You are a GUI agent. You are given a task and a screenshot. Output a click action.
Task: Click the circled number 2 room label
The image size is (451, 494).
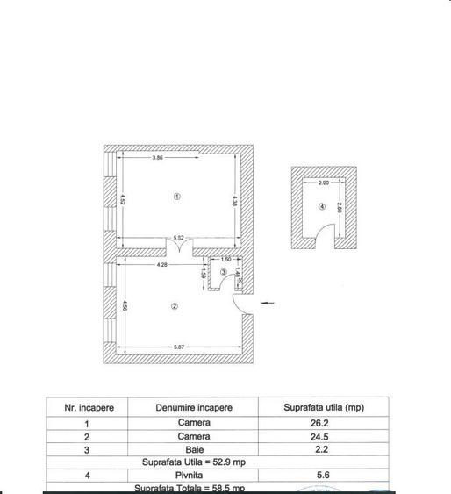(x=175, y=306)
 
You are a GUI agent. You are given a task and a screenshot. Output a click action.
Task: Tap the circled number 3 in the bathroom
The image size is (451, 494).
(x=224, y=274)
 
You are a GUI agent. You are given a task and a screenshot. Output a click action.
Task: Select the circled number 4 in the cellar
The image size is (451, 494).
(x=322, y=207)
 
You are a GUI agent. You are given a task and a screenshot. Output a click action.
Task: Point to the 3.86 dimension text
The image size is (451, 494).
(x=158, y=158)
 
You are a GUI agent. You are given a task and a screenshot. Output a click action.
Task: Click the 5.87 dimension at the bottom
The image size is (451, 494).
(x=179, y=348)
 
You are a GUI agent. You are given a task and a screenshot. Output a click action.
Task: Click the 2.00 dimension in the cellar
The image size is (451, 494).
(x=323, y=183)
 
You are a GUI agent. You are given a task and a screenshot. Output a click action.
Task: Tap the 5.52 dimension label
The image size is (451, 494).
(x=179, y=239)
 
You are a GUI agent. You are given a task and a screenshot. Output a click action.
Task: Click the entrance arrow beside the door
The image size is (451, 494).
(x=268, y=304)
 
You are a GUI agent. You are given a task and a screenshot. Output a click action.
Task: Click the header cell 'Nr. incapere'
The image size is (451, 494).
(x=86, y=408)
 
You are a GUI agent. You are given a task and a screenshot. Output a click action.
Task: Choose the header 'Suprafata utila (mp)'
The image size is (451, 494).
(x=324, y=408)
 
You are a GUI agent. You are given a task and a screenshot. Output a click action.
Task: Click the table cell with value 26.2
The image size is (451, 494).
(x=324, y=422)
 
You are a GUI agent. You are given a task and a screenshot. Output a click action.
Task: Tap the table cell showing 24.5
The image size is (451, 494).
(x=324, y=436)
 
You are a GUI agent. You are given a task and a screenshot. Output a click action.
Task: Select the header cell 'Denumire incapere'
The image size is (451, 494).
(x=194, y=408)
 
